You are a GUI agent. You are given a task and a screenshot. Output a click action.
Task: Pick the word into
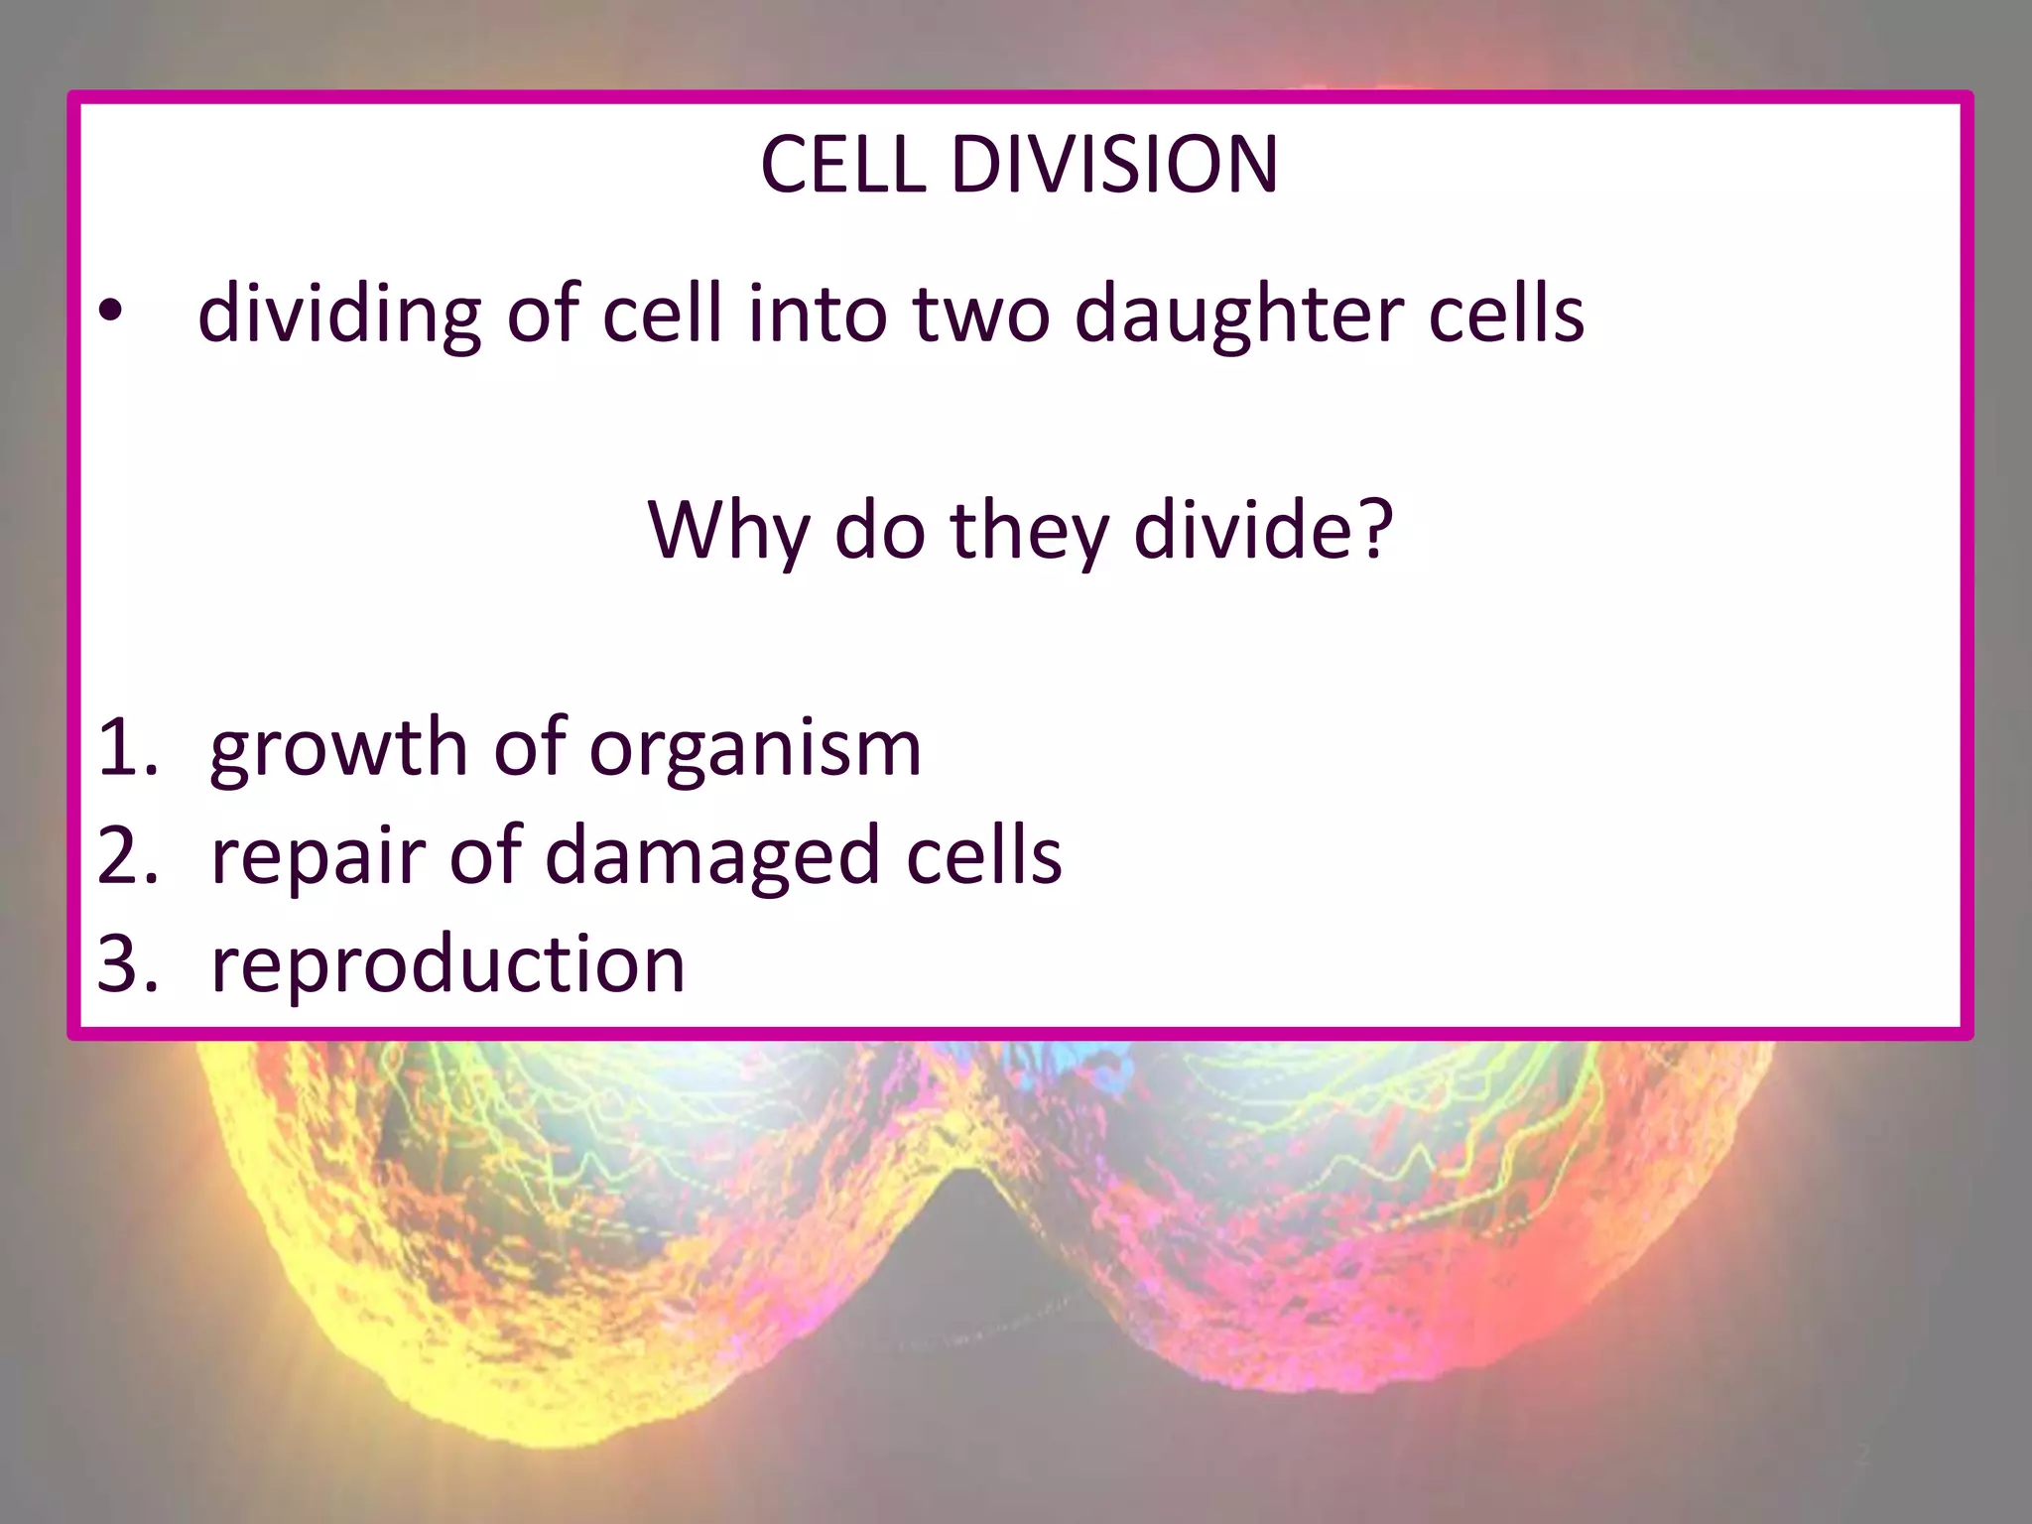coord(818,314)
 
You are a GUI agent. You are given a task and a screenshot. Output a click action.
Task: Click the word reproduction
coord(447,964)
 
